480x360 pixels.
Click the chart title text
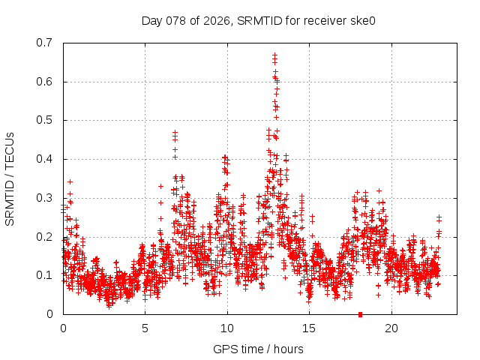pos(258,20)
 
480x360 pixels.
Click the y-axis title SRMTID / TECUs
pos(10,178)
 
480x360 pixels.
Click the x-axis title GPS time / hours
pos(258,349)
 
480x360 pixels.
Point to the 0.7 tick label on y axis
pos(44,43)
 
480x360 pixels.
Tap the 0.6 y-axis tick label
pos(44,82)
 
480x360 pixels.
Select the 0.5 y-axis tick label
pos(44,120)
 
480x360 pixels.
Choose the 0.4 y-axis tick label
pos(44,159)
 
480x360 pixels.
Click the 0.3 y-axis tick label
pos(44,198)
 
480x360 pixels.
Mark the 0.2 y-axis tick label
pos(44,237)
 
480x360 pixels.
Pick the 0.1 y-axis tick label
pos(44,275)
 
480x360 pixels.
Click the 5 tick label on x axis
pos(145,328)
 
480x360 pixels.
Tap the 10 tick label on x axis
pos(227,328)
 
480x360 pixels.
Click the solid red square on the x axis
pos(361,314)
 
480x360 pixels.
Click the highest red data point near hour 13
pos(275,55)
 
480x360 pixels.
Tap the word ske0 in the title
pos(361,20)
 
